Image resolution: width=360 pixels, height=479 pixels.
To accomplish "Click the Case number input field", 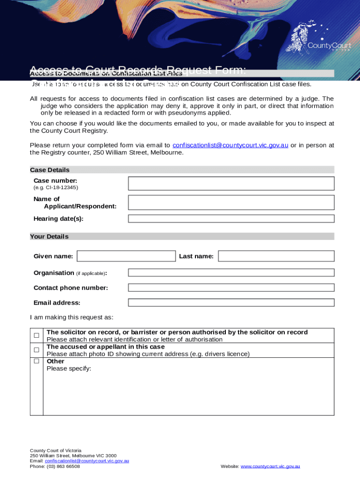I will [x=231, y=183].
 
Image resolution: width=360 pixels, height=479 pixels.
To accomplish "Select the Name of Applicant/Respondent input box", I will [x=231, y=203].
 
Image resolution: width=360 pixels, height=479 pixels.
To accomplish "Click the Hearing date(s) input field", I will [x=231, y=218].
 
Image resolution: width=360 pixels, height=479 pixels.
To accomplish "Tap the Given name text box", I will [x=126, y=256].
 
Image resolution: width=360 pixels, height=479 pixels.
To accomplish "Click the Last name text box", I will [x=276, y=256].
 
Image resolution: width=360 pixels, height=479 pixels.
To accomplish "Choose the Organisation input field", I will [x=231, y=273].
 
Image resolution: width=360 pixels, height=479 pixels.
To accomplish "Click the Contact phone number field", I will [x=231, y=288].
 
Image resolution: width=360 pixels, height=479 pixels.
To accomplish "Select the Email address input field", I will [x=231, y=303].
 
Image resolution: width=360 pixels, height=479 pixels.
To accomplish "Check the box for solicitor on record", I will [x=36, y=335].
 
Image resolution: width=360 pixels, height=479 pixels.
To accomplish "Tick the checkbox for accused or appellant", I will [x=36, y=350].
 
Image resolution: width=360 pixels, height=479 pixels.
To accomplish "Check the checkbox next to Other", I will [x=36, y=361].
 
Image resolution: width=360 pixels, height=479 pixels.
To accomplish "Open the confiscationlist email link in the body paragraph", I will [x=230, y=145].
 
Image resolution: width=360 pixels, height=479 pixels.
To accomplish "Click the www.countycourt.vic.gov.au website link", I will [x=270, y=466].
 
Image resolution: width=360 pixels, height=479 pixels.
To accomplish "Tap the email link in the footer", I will [x=87, y=461].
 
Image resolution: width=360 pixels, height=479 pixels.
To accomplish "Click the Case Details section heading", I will [x=50, y=170].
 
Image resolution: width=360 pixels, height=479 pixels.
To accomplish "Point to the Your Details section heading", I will [x=49, y=237].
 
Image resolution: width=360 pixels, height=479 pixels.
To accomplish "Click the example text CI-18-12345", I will [x=56, y=188].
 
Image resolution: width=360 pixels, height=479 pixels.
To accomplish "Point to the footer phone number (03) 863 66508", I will [x=55, y=466].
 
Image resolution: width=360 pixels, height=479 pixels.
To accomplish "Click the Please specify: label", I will [x=69, y=369].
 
